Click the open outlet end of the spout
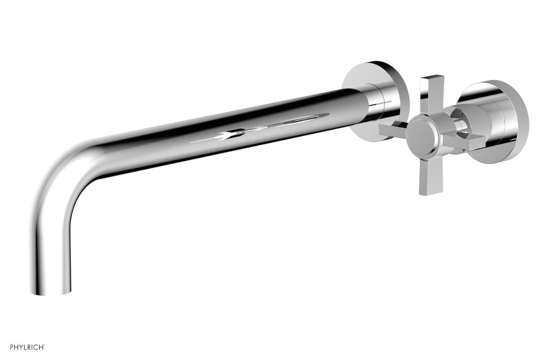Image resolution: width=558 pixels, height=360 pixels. (x=50, y=292)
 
